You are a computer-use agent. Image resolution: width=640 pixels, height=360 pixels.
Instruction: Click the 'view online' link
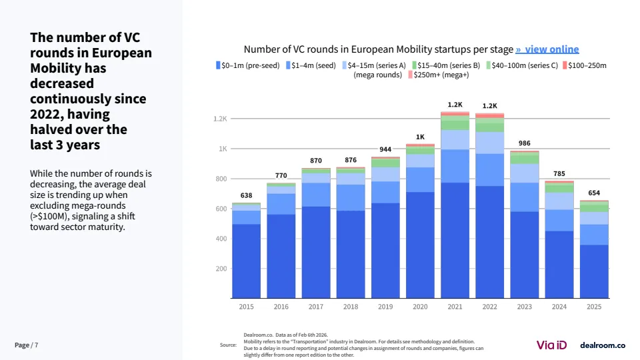click(547, 49)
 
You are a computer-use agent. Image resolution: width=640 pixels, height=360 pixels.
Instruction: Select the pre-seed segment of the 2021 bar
click(455, 240)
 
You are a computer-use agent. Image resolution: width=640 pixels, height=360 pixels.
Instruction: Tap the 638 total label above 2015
click(247, 196)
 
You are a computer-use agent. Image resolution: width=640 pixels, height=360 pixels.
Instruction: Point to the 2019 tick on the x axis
click(385, 307)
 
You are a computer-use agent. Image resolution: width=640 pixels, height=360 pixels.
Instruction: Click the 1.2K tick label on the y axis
click(220, 119)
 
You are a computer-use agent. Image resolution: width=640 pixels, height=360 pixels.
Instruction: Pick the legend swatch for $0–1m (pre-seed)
click(218, 65)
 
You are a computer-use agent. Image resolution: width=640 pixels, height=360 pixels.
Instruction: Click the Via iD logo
click(552, 345)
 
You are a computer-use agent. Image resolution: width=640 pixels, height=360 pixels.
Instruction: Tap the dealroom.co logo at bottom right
click(603, 345)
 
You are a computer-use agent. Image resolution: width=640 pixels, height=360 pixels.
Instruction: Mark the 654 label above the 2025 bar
click(594, 193)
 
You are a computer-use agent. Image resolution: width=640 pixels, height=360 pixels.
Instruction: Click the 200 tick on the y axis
click(221, 269)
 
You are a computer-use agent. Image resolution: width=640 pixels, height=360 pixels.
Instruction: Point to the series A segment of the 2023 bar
click(525, 173)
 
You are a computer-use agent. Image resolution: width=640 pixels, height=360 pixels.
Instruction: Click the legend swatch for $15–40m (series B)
click(414, 65)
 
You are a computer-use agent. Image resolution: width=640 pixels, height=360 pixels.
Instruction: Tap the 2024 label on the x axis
click(559, 307)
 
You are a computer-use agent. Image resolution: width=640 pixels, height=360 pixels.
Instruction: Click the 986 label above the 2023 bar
click(525, 143)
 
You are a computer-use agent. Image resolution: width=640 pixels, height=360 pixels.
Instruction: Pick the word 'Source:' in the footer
click(228, 345)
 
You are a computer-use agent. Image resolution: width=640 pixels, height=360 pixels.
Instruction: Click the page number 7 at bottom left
click(36, 345)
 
